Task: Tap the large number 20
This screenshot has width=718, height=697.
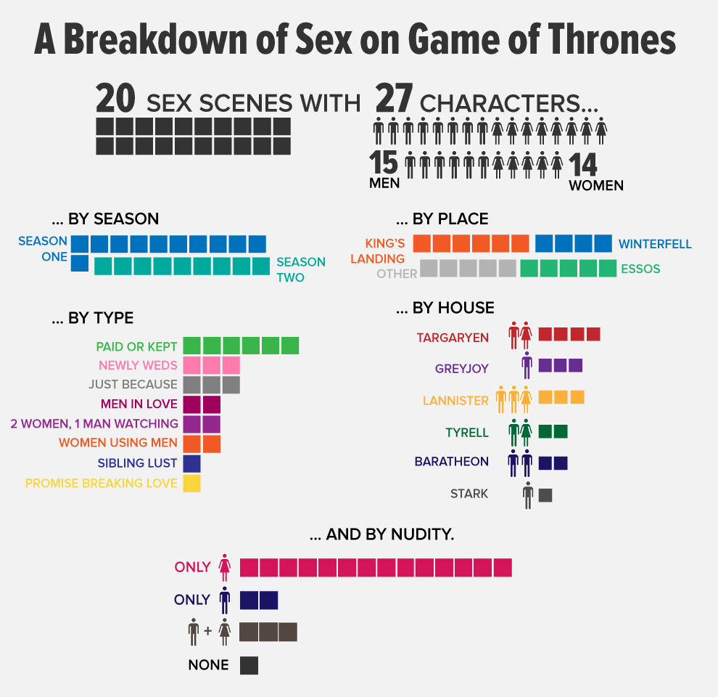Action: point(117,98)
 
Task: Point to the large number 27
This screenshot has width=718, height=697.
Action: point(394,98)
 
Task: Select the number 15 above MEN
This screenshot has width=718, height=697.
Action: point(384,163)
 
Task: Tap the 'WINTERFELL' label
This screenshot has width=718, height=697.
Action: point(655,244)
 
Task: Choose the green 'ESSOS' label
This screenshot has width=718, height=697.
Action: point(640,269)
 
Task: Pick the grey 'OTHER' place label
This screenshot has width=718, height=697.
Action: point(397,274)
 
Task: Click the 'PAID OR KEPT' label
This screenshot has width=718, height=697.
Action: point(136,346)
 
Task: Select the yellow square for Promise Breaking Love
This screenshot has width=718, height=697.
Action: point(191,483)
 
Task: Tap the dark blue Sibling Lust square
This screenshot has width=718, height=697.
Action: point(191,463)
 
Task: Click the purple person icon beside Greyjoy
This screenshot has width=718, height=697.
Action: point(527,364)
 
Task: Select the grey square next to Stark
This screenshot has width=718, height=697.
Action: point(545,495)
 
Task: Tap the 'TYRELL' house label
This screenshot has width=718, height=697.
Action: point(467,433)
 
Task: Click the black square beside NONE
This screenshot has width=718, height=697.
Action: point(249,665)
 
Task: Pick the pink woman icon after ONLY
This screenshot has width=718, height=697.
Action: point(225,566)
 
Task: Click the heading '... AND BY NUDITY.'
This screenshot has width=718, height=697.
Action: point(381,535)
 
